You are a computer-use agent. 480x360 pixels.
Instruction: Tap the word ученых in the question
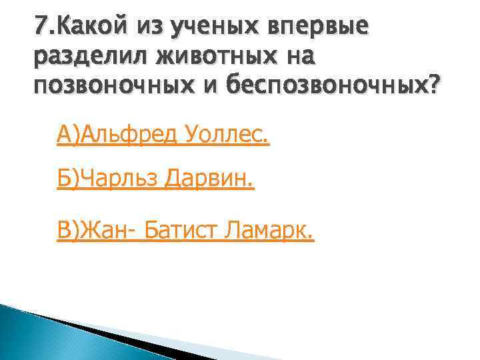(213, 29)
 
